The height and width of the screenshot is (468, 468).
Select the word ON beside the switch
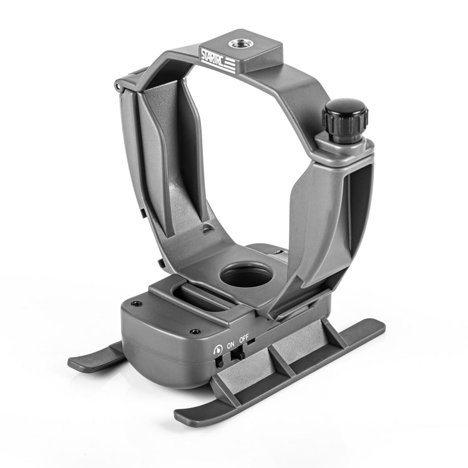[230, 343]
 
